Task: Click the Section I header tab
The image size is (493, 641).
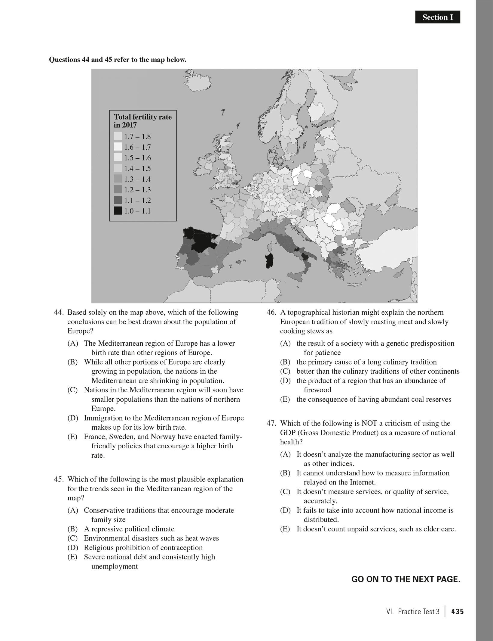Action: (437, 17)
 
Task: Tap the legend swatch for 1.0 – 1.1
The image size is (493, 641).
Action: (118, 211)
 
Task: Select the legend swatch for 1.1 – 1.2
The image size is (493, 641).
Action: (118, 201)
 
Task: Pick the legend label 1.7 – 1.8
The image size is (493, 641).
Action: (137, 137)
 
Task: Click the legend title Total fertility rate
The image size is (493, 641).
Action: (143, 117)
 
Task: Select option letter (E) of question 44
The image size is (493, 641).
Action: (72, 437)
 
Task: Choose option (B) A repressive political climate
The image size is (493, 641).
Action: (129, 529)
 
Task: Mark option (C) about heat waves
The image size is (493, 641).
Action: (151, 538)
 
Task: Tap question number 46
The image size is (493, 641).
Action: (271, 313)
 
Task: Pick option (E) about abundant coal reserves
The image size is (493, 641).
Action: (374, 400)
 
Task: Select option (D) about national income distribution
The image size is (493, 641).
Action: (375, 510)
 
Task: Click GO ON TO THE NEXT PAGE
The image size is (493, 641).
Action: (406, 580)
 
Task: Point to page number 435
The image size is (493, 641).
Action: (458, 612)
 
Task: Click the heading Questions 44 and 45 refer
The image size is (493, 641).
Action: (118, 60)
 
